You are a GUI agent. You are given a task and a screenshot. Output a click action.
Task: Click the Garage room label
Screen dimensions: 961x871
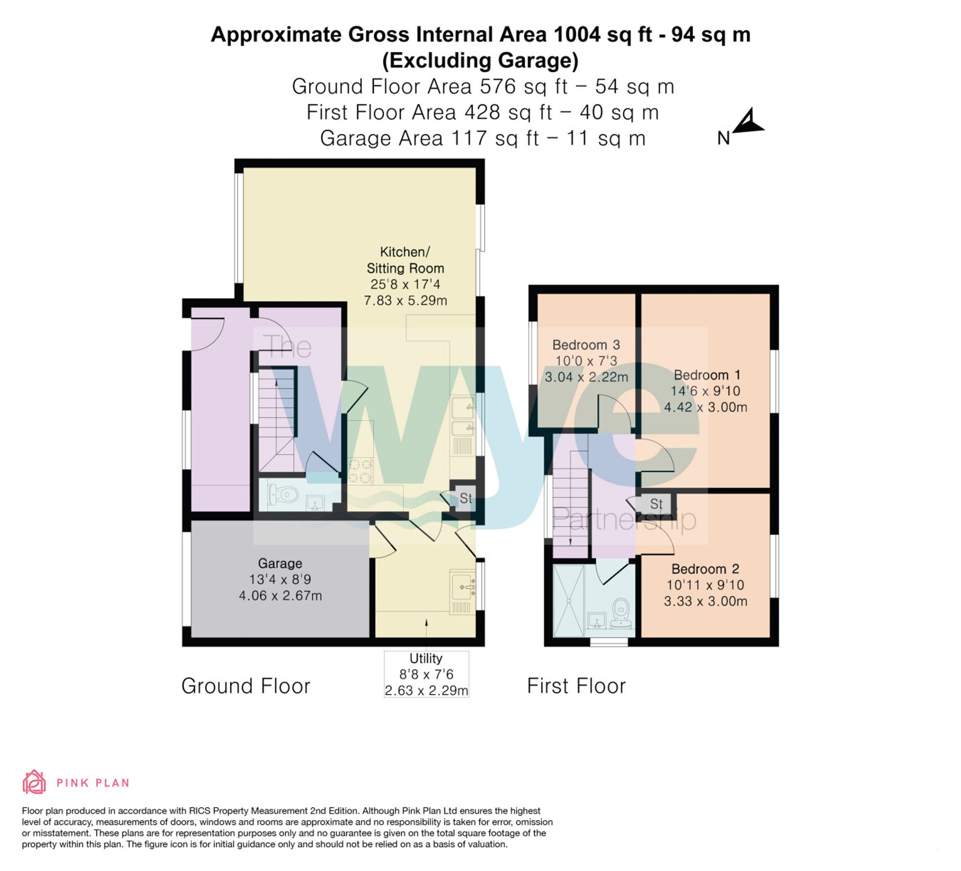280,563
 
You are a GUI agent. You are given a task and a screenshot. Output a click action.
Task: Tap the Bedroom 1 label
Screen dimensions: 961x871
707,375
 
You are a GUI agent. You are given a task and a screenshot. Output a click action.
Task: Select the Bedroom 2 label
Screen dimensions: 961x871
705,569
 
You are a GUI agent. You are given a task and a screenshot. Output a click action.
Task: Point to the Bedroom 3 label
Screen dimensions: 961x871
586,344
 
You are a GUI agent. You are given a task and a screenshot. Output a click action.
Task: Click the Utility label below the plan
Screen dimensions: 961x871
426,658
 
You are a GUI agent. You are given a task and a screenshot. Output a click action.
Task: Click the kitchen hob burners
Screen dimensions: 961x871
360,471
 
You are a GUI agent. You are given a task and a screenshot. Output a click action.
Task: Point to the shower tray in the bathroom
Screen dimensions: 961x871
568,601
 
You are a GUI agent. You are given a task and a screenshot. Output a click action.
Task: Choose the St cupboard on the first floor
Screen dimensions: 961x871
656,504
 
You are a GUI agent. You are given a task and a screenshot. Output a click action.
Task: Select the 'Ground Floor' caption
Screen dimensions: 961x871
246,686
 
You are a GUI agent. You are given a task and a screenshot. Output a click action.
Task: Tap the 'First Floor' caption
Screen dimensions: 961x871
576,686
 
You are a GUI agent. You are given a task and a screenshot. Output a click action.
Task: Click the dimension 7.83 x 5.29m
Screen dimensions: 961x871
405,301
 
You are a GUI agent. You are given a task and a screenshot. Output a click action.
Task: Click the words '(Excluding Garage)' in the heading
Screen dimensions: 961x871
480,61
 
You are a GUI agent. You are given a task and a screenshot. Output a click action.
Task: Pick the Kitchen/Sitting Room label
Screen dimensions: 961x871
405,260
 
